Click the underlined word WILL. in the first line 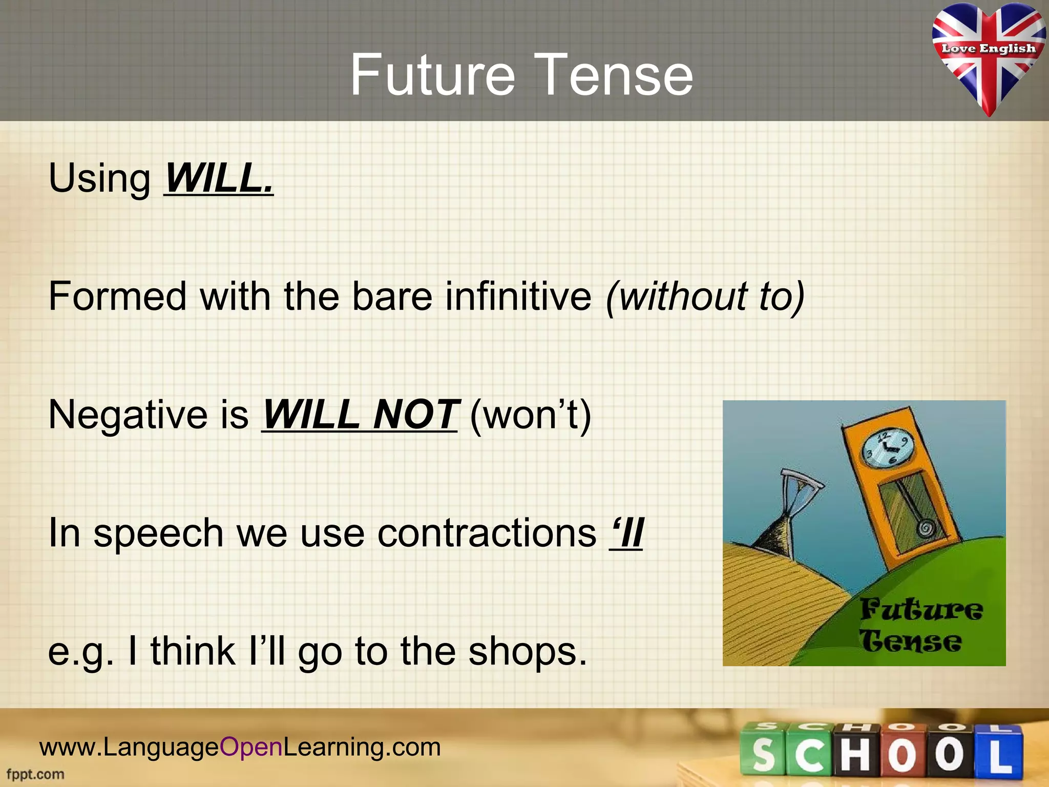coord(219,178)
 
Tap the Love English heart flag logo coord(988,56)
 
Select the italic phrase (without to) coord(705,297)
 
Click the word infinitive coord(518,297)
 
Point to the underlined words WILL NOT coord(360,415)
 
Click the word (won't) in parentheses coord(530,415)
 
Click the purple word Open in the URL coord(251,747)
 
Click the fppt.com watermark coord(35,774)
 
